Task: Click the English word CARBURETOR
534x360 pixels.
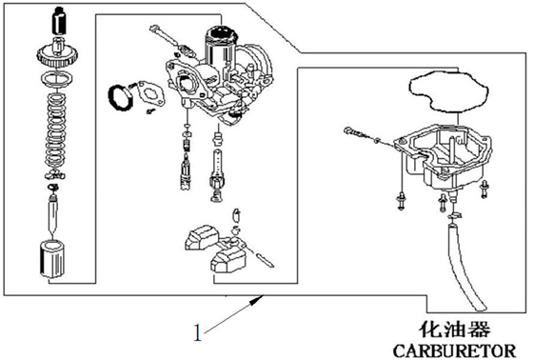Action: [x=455, y=350]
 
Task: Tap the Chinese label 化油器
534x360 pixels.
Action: [x=454, y=330]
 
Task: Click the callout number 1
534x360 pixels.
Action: [x=198, y=332]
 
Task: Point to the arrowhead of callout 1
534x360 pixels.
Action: [x=257, y=299]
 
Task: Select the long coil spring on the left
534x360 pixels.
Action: [x=55, y=130]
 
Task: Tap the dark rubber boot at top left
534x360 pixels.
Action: [x=59, y=21]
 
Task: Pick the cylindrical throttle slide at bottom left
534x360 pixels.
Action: [x=52, y=259]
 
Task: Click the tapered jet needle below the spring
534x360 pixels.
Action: [x=53, y=214]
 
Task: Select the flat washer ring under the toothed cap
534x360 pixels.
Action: [x=57, y=79]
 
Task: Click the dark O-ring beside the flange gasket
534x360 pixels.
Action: [x=120, y=98]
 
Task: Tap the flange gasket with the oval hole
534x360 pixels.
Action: [x=150, y=93]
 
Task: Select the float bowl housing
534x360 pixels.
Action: [x=443, y=157]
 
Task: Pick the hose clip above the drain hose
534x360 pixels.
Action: [x=454, y=215]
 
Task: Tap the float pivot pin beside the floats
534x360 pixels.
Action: [x=264, y=260]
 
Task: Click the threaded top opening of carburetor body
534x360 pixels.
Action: [x=221, y=34]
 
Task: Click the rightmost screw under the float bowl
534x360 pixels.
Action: [x=484, y=190]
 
